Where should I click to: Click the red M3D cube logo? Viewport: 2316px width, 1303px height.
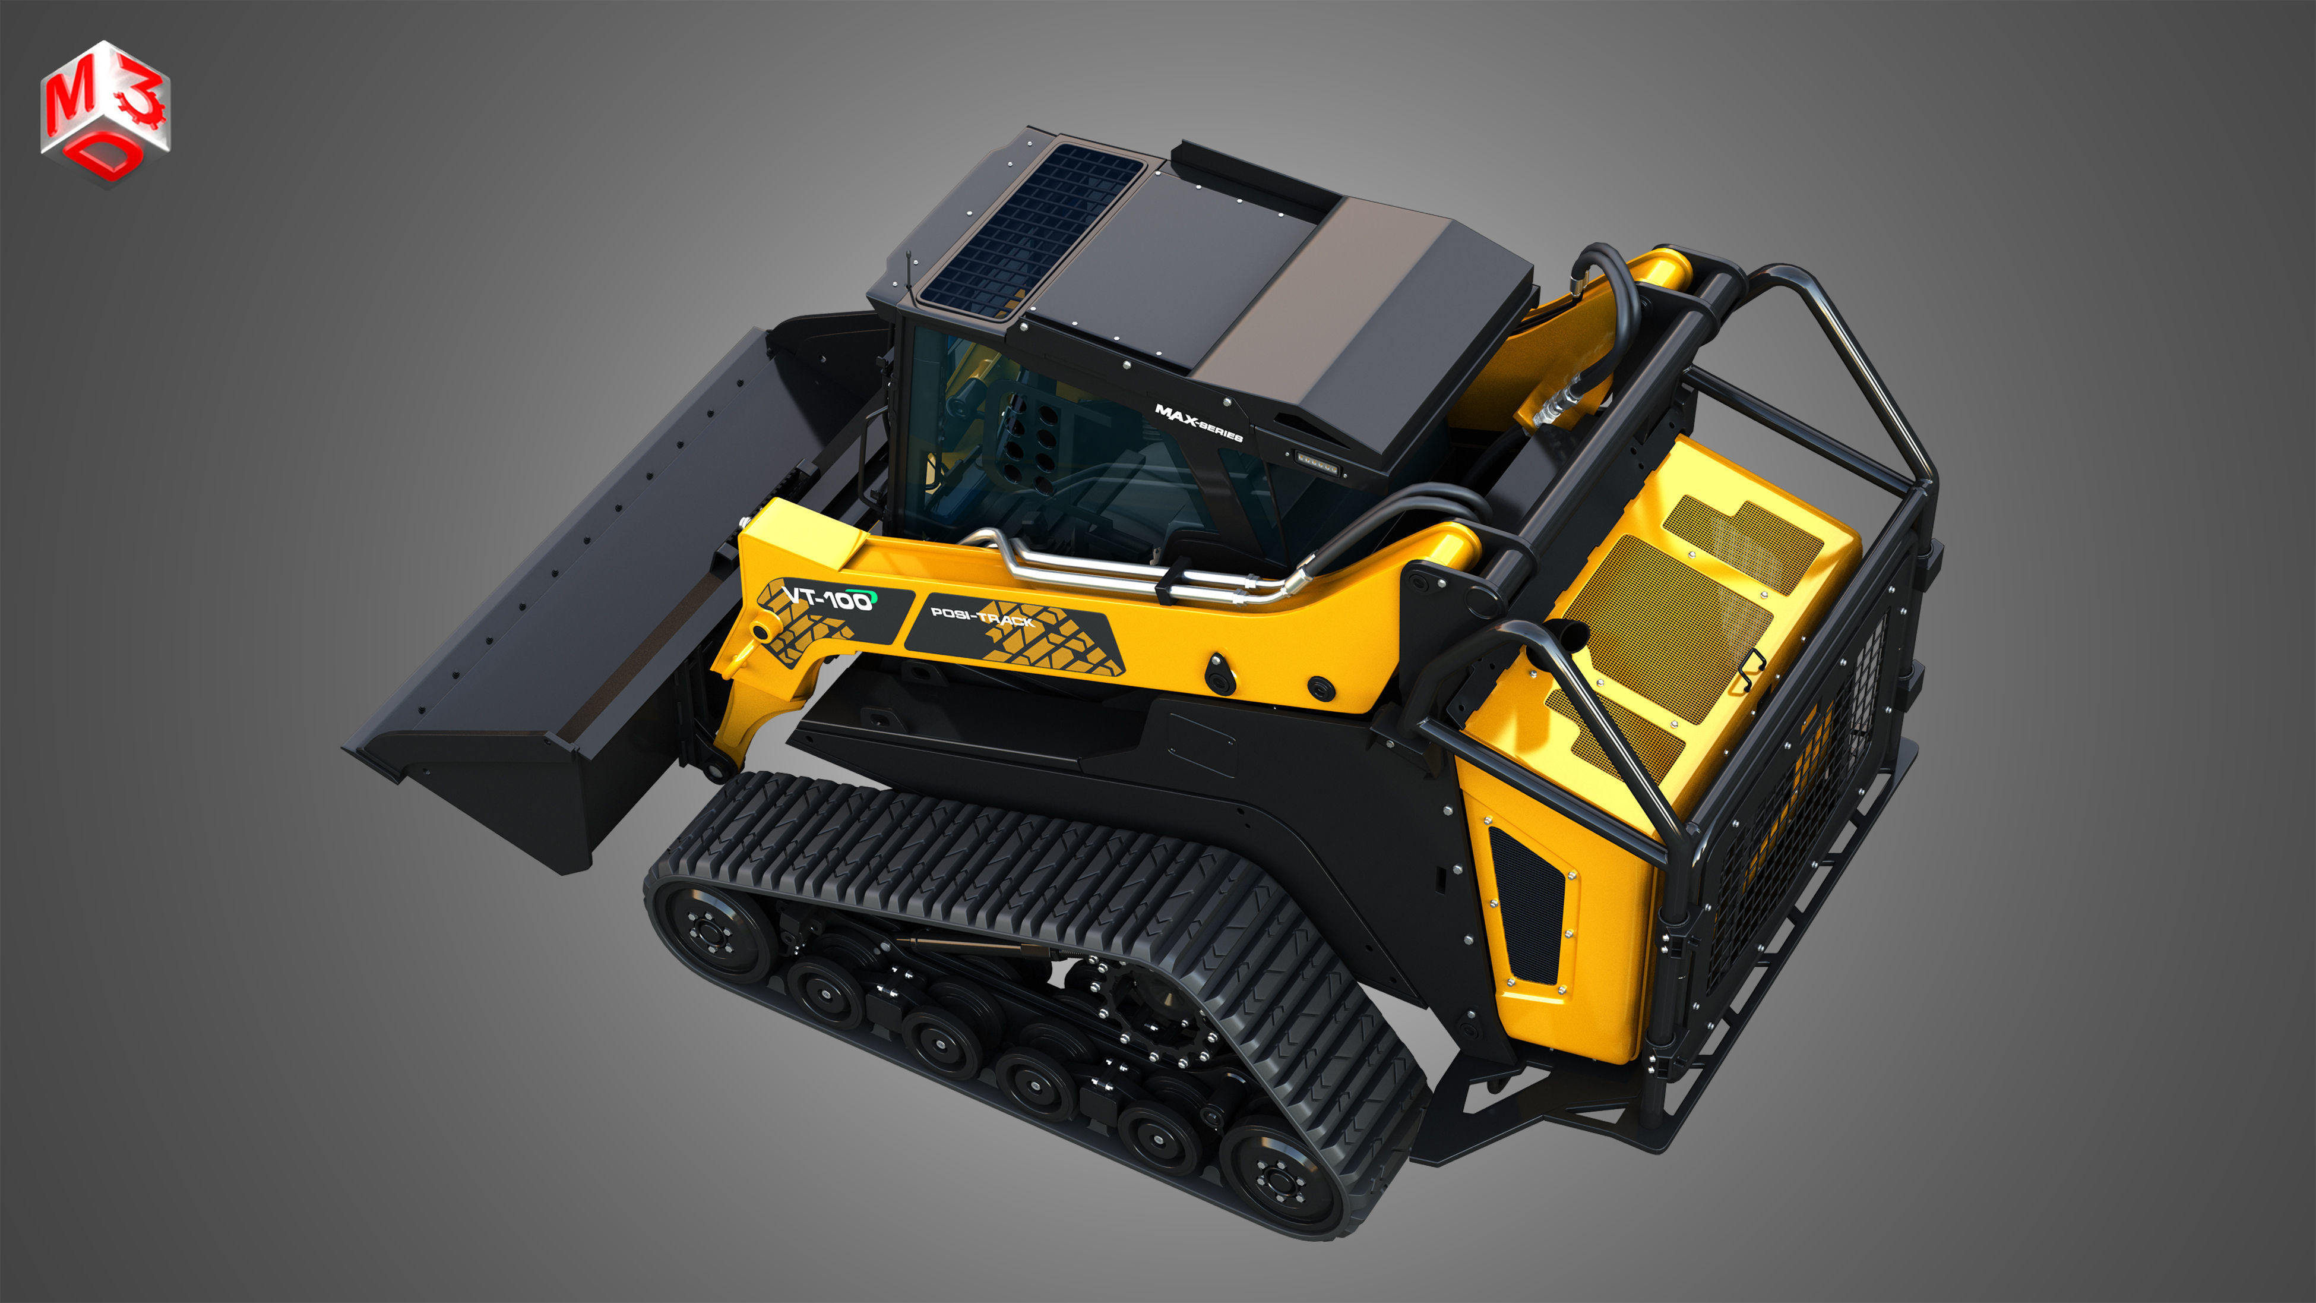[x=105, y=112]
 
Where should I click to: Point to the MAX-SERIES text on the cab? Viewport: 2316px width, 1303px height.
[x=1198, y=422]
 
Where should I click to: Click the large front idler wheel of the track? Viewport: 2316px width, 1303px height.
[x=715, y=932]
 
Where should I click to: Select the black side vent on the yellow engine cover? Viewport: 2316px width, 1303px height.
[x=1527, y=908]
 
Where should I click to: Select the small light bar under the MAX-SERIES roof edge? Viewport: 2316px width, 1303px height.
[x=1317, y=464]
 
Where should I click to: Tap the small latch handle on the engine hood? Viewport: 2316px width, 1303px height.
[x=1751, y=668]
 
